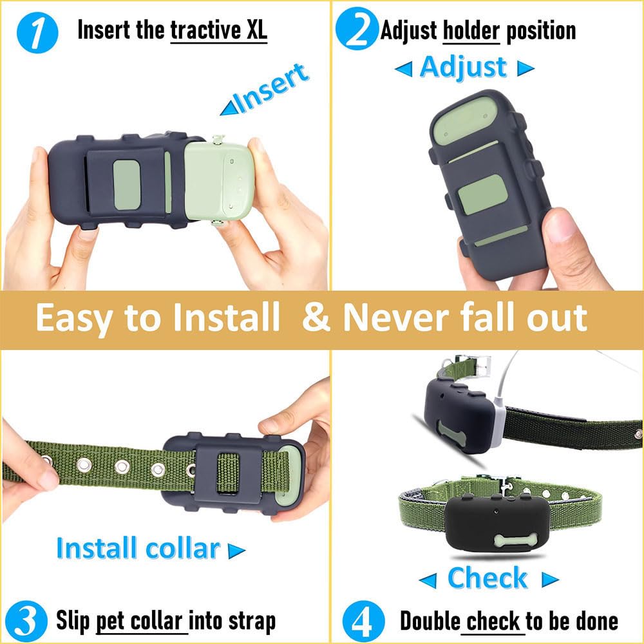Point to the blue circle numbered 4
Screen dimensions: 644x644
point(363,621)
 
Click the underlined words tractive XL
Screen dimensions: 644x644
point(218,30)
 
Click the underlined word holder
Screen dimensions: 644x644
point(471,30)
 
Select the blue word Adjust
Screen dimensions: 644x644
point(463,68)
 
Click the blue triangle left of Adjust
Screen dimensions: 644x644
point(403,69)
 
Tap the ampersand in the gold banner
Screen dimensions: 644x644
point(316,317)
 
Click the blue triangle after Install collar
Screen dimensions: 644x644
point(237,551)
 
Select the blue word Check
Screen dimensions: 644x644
point(487,578)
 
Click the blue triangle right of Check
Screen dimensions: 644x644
point(549,580)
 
